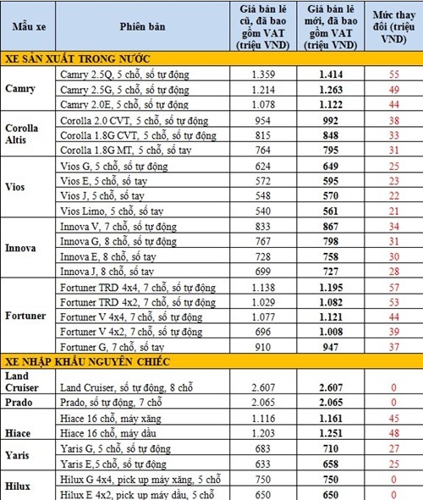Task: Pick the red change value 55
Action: [393, 74]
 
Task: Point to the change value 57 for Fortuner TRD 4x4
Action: [393, 287]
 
